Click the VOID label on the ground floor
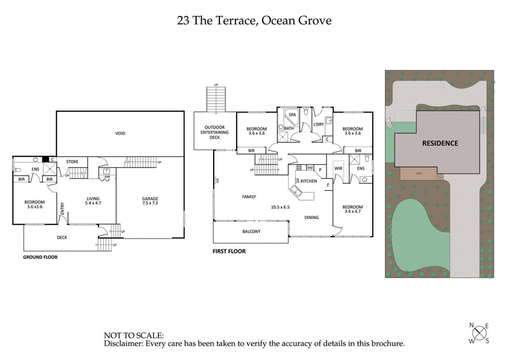pos(120,134)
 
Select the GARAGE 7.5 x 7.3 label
pos(150,202)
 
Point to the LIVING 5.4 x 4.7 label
pos(94,202)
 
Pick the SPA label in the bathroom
pos(293,114)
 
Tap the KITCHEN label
pos(309,182)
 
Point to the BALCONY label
pos(251,232)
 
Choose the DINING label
pos(311,218)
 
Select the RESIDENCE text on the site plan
pos(440,143)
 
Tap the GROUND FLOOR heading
pos(41,258)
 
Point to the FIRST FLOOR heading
pos(228,251)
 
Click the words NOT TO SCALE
pos(134,335)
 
